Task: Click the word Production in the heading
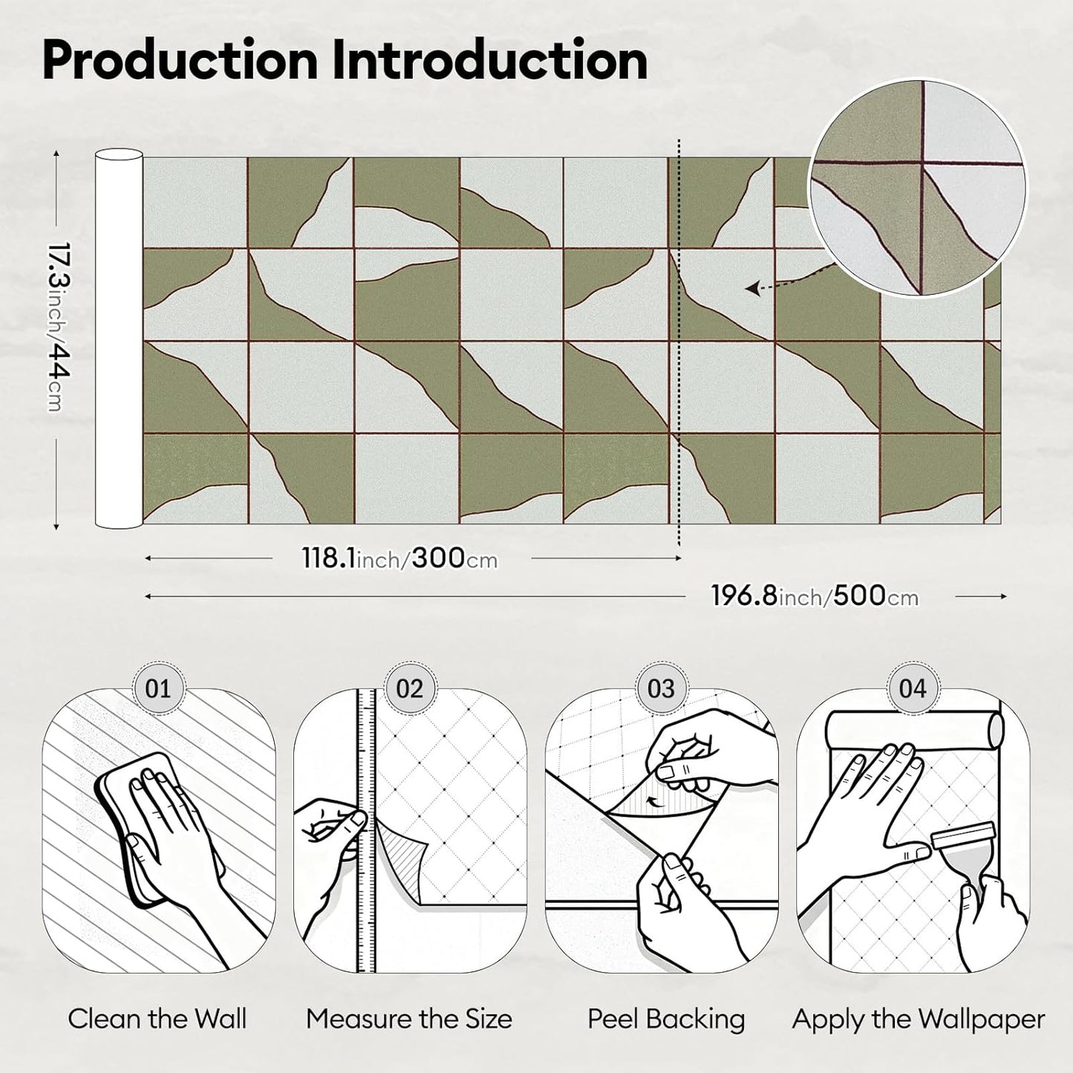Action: pos(180,61)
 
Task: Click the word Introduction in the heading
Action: pos(490,61)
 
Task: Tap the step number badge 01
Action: pos(157,689)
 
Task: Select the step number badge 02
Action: pos(409,689)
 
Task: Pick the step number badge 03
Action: pos(661,689)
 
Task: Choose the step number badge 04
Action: pos(913,689)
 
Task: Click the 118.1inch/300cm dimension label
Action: pos(399,558)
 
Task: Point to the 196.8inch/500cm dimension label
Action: pos(815,596)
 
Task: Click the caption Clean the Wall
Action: pos(157,1019)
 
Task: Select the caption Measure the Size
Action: pos(409,1019)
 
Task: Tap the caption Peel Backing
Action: pos(667,1020)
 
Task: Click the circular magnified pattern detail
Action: pos(917,188)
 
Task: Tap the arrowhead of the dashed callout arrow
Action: pos(752,288)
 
